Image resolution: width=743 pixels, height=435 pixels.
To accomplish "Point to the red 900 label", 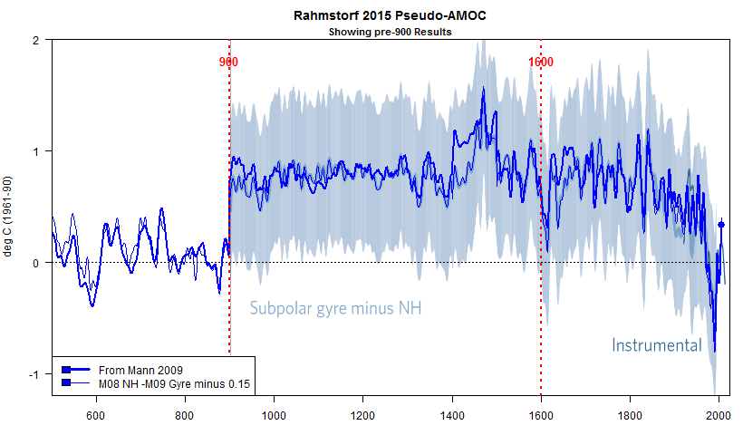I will (228, 62).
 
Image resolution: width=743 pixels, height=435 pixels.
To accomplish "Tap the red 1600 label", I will (541, 62).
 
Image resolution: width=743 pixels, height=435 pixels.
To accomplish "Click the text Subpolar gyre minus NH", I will (335, 309).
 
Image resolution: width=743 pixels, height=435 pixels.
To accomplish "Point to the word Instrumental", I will (657, 345).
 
